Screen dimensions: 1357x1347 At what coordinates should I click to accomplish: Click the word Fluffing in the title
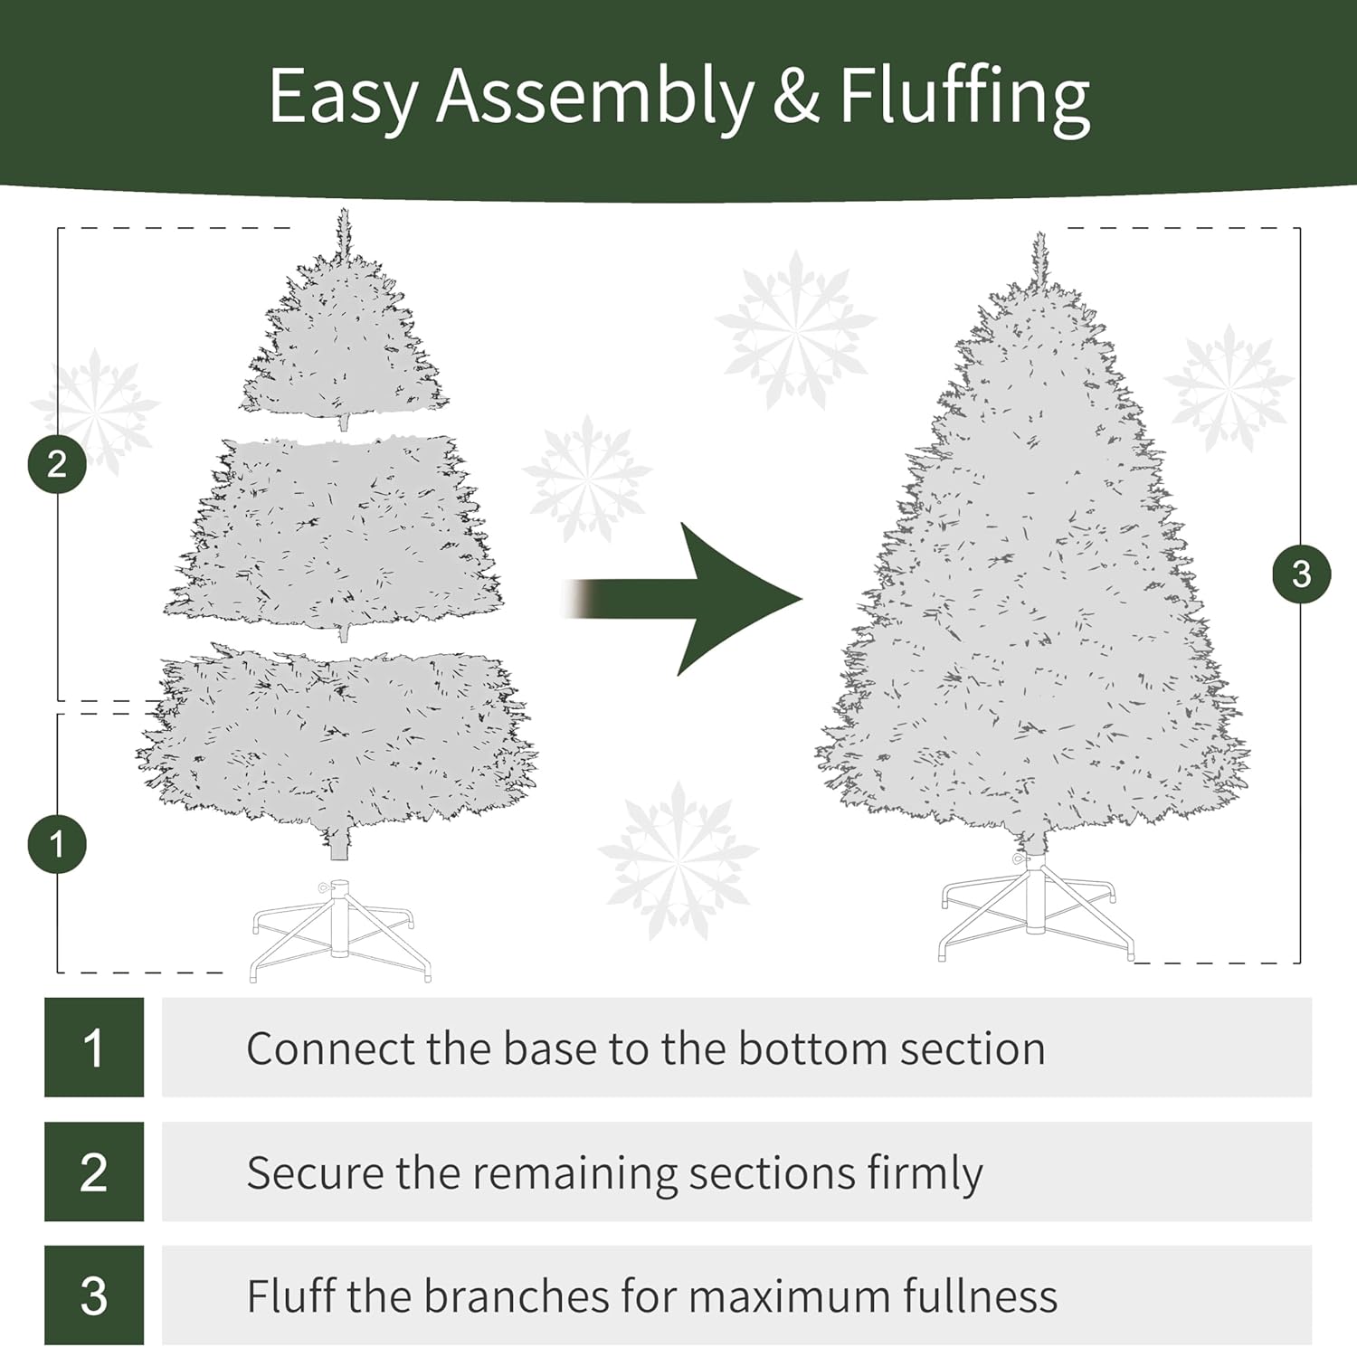coord(964,99)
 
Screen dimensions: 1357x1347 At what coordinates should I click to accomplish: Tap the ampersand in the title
coord(796,96)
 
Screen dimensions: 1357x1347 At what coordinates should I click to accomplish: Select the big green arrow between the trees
coord(683,599)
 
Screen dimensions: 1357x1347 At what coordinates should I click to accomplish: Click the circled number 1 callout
coord(57,844)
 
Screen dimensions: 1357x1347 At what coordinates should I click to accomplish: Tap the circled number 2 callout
coord(57,464)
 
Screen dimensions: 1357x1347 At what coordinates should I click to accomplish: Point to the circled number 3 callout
coord(1301,574)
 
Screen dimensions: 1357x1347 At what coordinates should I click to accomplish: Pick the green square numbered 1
coord(94,1048)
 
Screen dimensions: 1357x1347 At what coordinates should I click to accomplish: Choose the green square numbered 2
coord(94,1172)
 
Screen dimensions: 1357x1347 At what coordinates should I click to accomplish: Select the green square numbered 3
coord(94,1295)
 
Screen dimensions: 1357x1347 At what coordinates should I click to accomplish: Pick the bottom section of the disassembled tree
coord(336,742)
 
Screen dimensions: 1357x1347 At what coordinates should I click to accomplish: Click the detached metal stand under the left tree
coord(340,928)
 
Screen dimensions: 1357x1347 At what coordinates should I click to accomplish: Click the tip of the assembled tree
coord(1039,233)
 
